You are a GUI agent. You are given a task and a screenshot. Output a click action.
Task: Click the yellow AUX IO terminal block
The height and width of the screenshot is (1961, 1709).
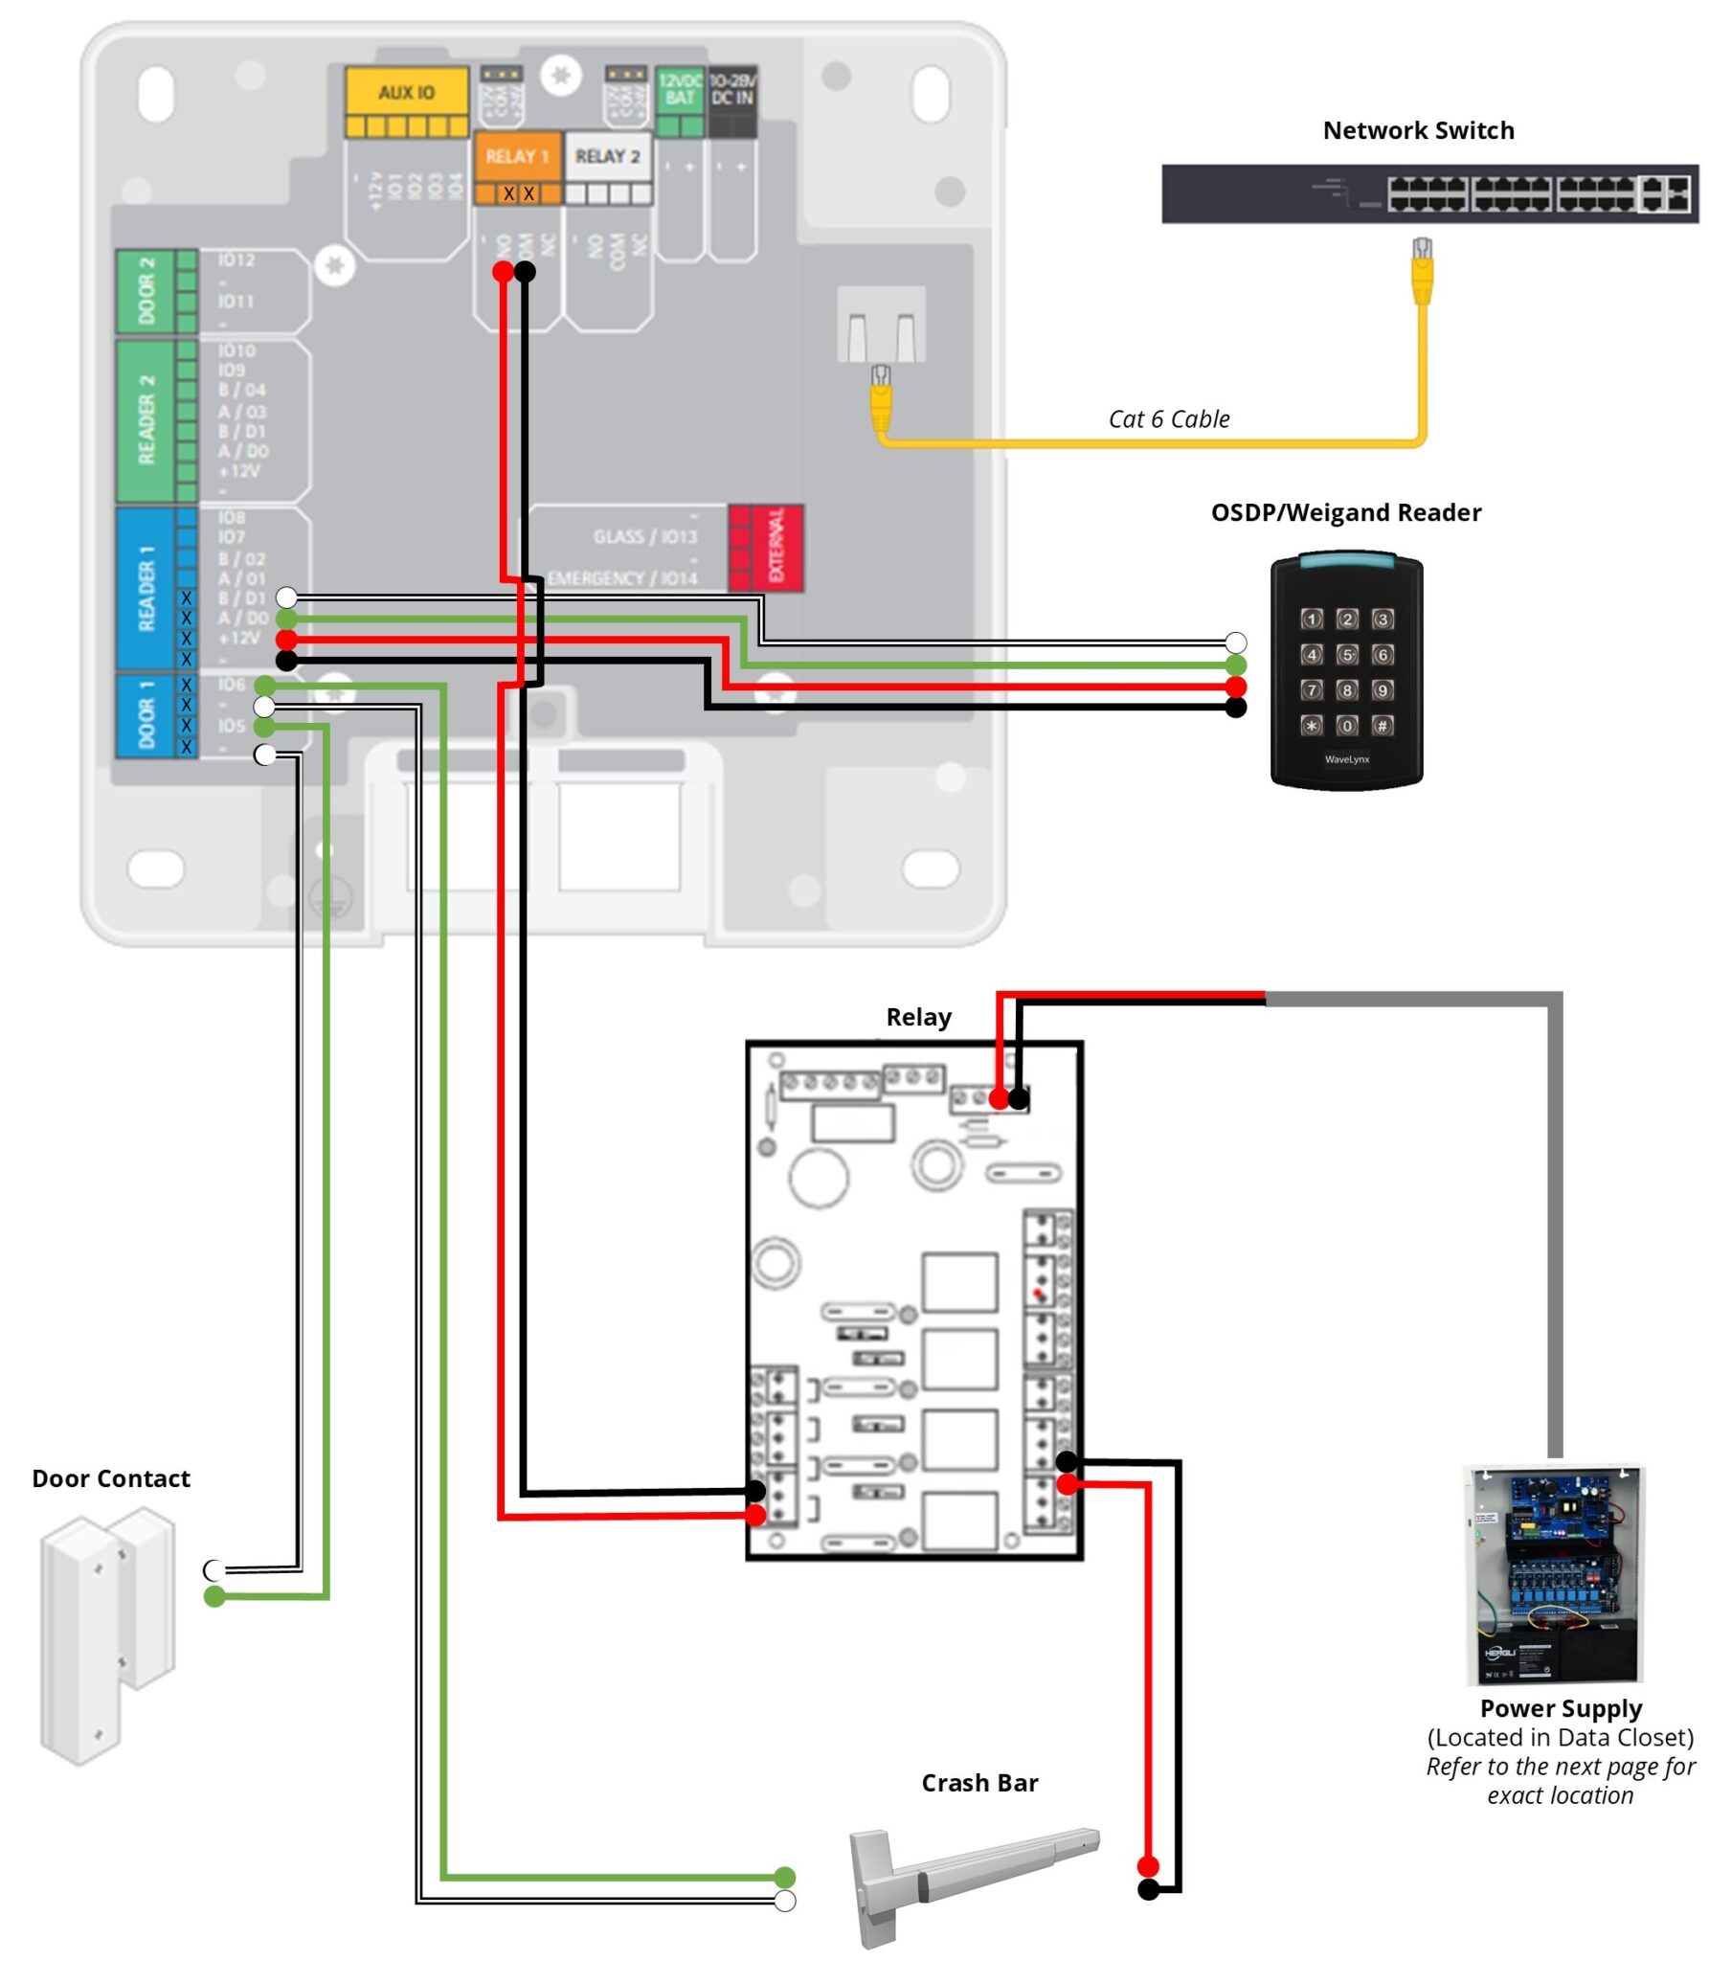[406, 101]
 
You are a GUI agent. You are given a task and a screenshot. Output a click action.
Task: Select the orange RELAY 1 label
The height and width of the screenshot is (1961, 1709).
[516, 156]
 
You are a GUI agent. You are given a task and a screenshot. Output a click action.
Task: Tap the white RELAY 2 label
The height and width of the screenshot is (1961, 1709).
[607, 156]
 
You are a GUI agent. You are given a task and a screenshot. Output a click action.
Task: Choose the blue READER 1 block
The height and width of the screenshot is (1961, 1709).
[146, 588]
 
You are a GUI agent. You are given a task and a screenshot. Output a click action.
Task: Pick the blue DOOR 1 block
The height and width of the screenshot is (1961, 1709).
[146, 715]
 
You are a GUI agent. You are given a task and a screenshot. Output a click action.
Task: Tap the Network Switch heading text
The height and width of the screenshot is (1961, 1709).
[1417, 130]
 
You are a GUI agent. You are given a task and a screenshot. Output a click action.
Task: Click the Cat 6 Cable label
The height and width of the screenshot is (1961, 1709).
[1168, 418]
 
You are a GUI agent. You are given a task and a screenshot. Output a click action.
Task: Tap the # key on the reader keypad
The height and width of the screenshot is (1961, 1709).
[1382, 726]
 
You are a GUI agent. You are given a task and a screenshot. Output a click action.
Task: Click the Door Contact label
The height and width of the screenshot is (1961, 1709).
[111, 1477]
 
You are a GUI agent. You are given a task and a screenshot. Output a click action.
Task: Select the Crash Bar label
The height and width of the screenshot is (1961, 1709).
[978, 1782]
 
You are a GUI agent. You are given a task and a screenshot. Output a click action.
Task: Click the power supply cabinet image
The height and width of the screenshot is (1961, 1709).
[1554, 1575]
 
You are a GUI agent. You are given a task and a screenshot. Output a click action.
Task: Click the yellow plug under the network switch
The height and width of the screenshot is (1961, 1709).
[1422, 273]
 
